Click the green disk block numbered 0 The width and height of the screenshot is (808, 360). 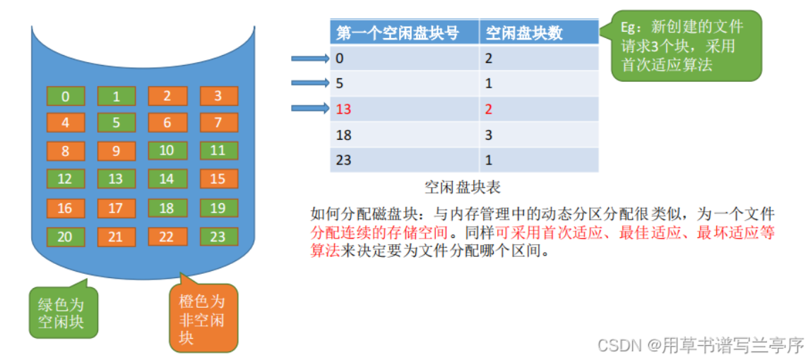[66, 96]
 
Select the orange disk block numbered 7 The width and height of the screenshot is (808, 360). [218, 123]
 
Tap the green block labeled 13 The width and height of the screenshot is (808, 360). [117, 178]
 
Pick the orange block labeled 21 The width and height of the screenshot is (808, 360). [117, 236]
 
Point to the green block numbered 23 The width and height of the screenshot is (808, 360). [218, 236]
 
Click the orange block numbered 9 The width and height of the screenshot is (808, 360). [117, 151]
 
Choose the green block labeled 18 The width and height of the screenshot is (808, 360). [167, 208]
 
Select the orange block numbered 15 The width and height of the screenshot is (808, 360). [218, 178]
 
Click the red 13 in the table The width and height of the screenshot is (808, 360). [344, 109]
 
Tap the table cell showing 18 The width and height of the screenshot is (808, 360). [405, 134]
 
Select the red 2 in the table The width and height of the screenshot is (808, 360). [489, 109]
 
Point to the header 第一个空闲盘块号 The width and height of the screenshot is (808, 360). [397, 33]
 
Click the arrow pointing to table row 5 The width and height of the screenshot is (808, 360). [310, 83]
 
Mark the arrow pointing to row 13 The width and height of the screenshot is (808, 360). [310, 108]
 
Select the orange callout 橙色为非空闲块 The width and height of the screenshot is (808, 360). [204, 318]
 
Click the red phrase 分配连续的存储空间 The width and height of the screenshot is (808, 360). [379, 233]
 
